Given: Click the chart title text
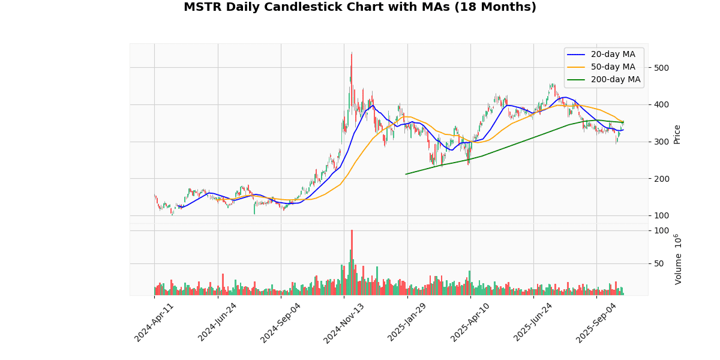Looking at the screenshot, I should [360, 8].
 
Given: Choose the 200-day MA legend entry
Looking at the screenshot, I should [616, 80].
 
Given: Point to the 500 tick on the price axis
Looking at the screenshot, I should [661, 68].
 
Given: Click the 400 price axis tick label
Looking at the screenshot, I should [661, 105].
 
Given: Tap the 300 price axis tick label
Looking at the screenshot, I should [661, 142].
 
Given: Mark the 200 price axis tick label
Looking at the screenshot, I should [661, 179].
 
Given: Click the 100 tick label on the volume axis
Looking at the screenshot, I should [661, 231].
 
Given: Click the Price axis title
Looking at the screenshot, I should [677, 134].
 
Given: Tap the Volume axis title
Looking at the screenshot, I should [679, 259].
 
